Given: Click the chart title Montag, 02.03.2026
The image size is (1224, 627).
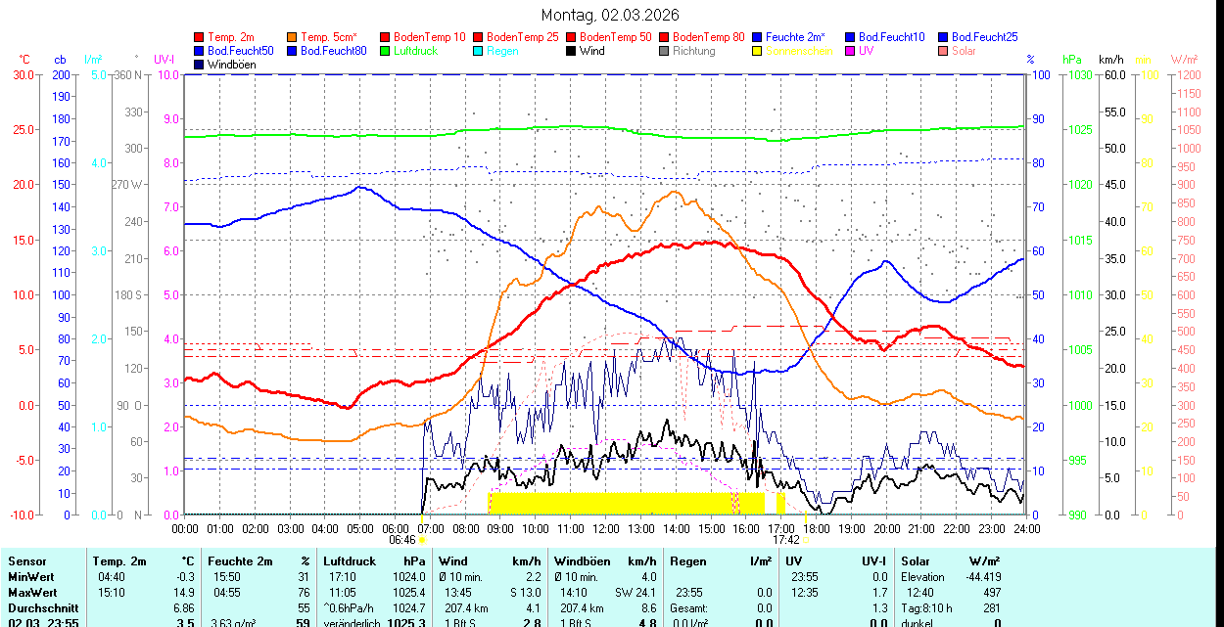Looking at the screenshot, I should click(610, 16).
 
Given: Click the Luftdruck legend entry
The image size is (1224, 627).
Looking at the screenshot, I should click(415, 51).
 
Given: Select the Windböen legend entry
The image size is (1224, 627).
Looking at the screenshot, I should click(230, 65).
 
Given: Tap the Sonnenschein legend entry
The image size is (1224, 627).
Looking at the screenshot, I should click(799, 51).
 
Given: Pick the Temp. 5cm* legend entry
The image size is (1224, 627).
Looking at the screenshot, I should click(329, 37).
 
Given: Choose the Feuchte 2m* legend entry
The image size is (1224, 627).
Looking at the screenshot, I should click(799, 37).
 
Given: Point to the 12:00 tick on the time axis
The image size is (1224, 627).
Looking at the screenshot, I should click(606, 529).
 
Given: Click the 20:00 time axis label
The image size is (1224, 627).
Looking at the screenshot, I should click(886, 529).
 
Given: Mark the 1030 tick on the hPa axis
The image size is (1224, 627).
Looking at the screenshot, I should click(1079, 74).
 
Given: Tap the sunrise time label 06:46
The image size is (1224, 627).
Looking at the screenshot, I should click(402, 539).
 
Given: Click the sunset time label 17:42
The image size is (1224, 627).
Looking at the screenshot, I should click(786, 539).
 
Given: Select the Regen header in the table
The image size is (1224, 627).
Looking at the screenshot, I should click(687, 561).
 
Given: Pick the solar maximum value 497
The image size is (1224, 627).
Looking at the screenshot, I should click(991, 592).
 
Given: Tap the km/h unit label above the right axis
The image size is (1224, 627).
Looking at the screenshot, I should click(1111, 60).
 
